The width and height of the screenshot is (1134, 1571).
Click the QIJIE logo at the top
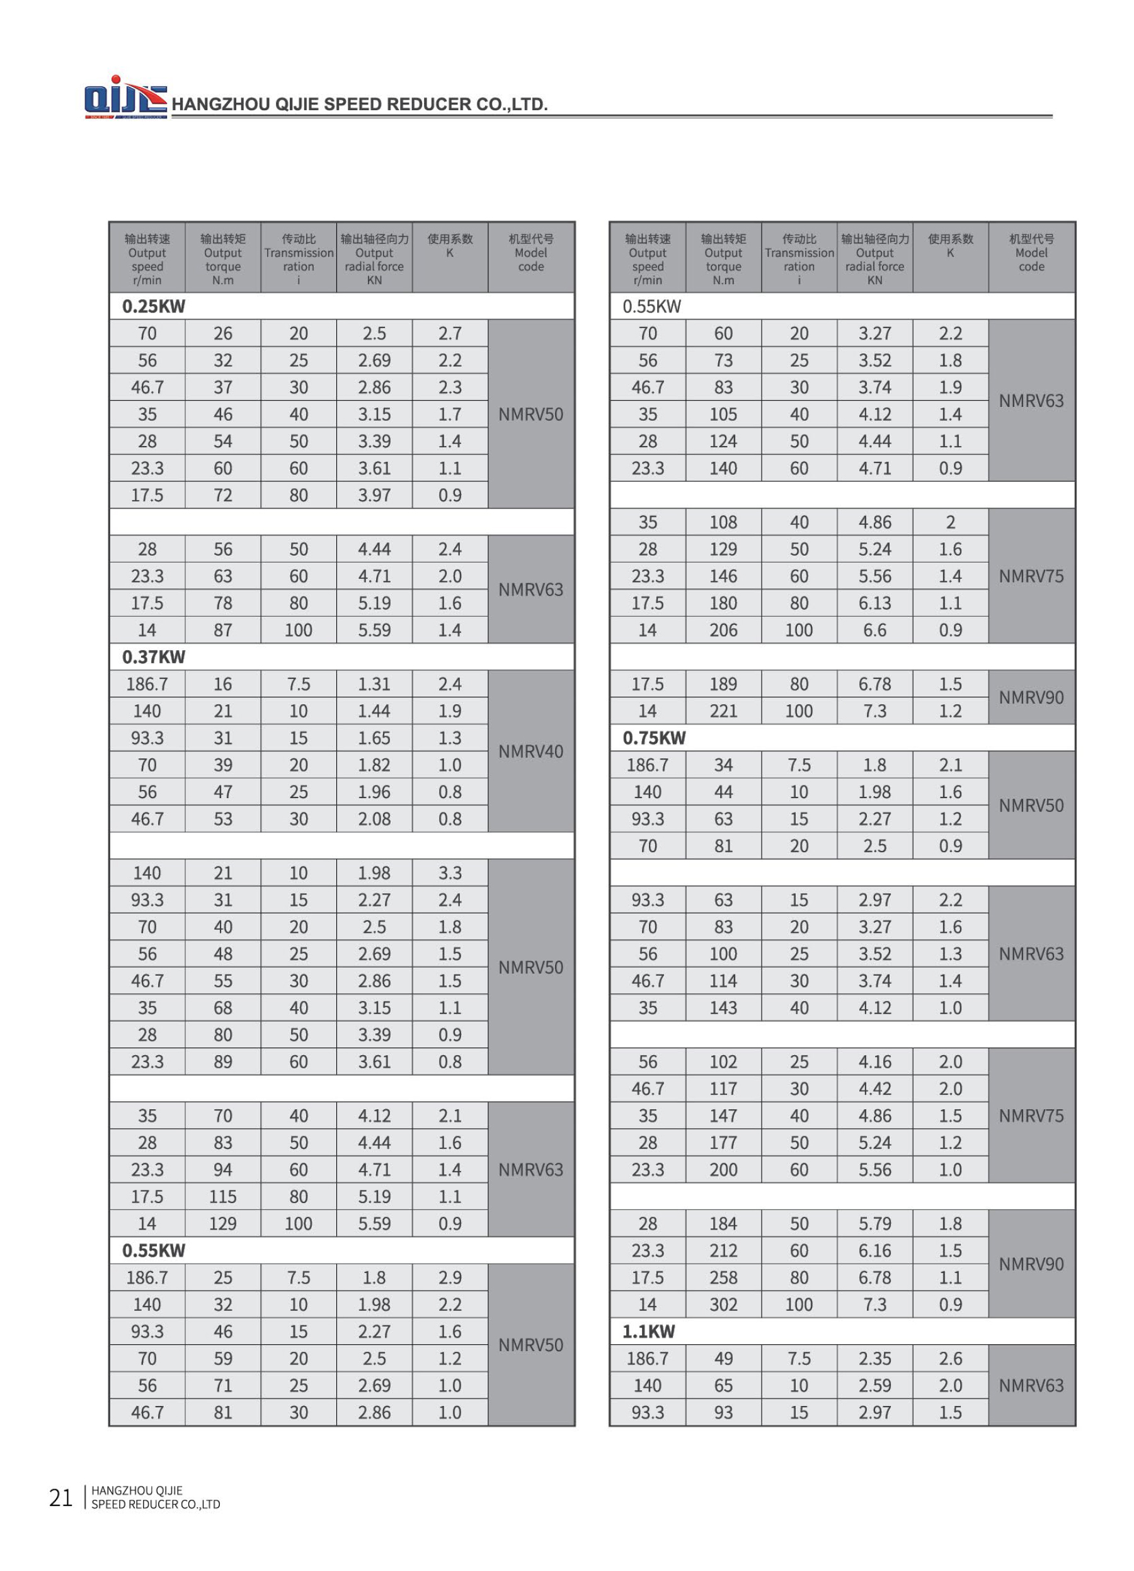point(125,98)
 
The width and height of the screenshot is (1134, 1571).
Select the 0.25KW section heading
point(153,306)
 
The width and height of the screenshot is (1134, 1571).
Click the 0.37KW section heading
point(153,656)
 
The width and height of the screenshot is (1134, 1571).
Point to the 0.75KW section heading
point(653,738)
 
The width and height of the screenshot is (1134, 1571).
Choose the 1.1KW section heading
point(648,1332)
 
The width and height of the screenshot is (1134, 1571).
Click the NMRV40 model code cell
point(530,751)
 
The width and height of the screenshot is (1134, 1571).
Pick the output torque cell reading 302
point(723,1305)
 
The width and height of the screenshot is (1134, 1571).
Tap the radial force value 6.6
point(874,630)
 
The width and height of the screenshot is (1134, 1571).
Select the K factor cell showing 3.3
point(450,873)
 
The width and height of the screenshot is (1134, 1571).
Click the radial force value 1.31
point(374,683)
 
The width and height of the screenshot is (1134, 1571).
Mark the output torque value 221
point(723,711)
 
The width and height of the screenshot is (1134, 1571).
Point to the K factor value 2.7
point(450,333)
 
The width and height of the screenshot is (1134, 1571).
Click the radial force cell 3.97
point(374,495)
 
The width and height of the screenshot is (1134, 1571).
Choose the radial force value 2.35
point(874,1358)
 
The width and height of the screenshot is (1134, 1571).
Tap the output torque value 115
point(222,1196)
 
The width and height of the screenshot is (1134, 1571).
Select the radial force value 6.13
point(874,603)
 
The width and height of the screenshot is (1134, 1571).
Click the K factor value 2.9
point(450,1277)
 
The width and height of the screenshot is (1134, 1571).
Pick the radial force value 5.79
point(874,1223)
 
